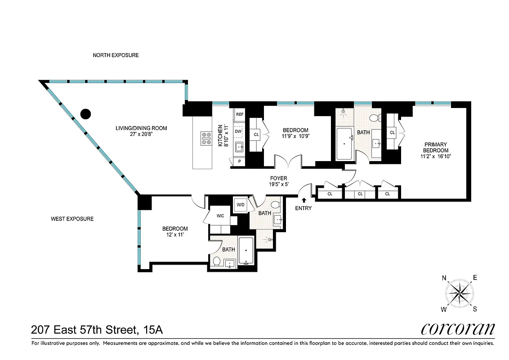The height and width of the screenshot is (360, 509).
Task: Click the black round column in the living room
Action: tap(86, 114)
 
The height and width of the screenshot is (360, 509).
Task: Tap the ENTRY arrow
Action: tap(304, 200)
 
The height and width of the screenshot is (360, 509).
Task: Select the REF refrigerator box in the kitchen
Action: tap(240, 114)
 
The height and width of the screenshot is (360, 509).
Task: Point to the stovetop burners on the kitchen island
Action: tap(206, 138)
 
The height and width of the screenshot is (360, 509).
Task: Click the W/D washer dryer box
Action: tap(241, 205)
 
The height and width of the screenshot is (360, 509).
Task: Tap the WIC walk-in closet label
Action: tap(220, 216)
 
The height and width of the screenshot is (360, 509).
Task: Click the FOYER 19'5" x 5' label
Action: tap(279, 181)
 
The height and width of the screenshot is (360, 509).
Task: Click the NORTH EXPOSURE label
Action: tap(116, 55)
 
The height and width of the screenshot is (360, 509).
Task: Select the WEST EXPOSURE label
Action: tap(72, 219)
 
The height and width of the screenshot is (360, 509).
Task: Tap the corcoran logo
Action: tap(458, 329)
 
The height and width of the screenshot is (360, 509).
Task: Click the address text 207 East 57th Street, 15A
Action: tap(97, 330)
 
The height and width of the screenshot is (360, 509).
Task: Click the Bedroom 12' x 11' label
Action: tap(175, 232)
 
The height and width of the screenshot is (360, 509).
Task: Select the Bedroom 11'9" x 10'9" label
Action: tap(295, 133)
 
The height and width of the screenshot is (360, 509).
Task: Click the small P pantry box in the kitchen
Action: tap(239, 161)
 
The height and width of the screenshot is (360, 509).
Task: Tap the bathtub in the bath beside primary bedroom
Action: tap(344, 143)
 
